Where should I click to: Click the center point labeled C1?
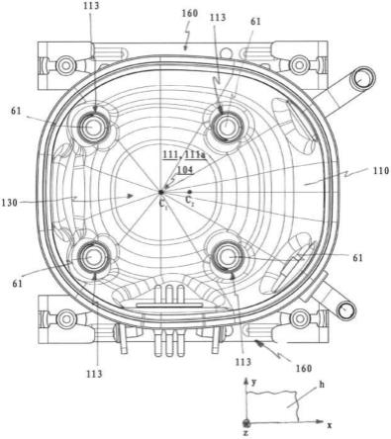[161, 192]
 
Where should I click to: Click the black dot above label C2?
[189, 192]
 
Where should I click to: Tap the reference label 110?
[381, 171]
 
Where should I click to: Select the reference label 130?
[9, 203]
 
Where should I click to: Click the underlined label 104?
[185, 170]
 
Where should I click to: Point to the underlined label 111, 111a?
[184, 154]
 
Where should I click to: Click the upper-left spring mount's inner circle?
[94, 127]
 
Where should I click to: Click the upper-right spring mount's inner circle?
[227, 126]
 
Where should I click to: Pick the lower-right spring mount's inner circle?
[228, 256]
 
